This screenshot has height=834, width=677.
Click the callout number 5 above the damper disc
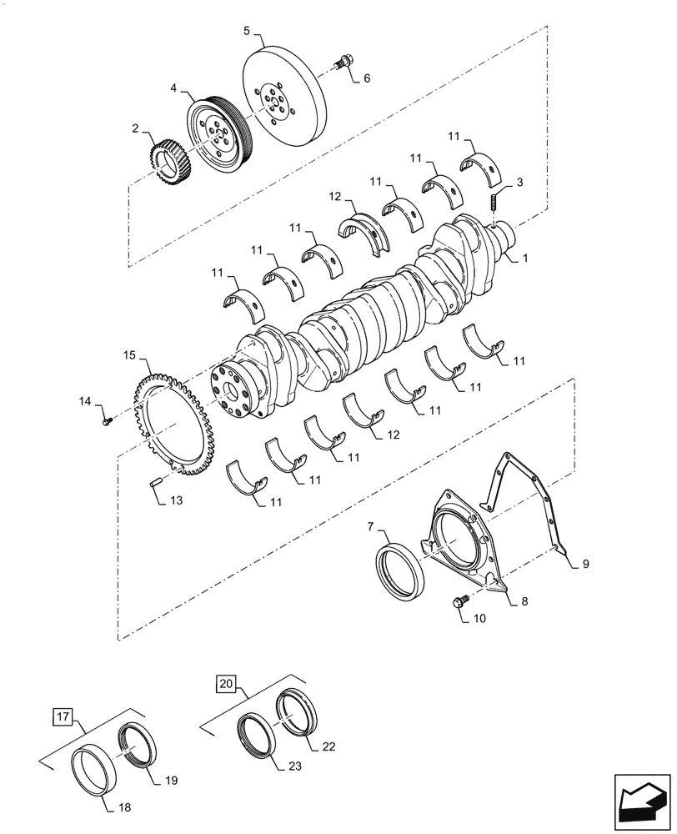pos(247,31)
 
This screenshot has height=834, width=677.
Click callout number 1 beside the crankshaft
pos(526,259)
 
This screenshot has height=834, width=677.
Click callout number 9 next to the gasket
pos(585,565)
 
